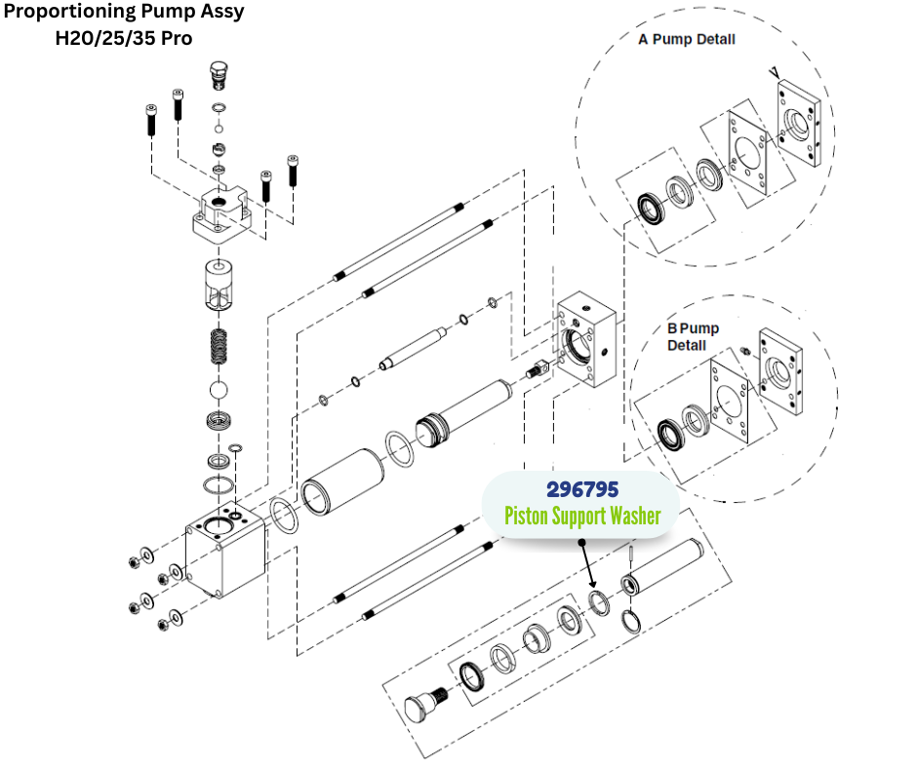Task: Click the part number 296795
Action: pos(582,488)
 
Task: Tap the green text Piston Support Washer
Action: pos(582,515)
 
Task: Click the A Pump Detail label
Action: pos(687,40)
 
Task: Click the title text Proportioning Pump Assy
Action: pos(124,14)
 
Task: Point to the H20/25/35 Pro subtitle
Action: pos(124,39)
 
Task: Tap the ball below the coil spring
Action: pos(222,390)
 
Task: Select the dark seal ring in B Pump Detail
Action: pos(670,431)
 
